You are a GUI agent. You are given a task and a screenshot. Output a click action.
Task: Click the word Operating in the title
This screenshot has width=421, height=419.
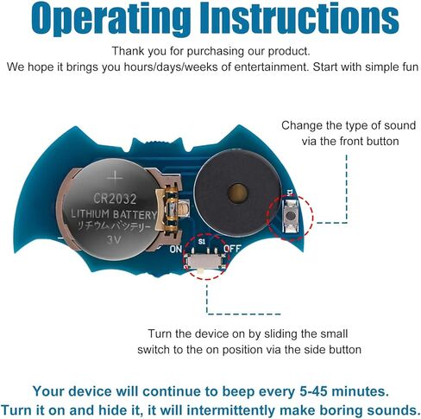pos(110,19)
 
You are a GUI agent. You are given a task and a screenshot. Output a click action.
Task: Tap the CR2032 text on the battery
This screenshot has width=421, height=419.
pos(115,199)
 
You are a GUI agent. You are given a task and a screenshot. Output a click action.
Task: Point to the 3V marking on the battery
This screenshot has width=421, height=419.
pos(115,239)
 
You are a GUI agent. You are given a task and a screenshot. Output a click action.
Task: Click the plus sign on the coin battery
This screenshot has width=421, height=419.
pos(115,177)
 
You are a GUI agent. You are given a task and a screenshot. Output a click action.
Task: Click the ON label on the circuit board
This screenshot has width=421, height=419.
pos(176,250)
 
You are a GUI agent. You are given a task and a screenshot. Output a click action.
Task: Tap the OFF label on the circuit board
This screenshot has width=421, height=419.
pos(232,248)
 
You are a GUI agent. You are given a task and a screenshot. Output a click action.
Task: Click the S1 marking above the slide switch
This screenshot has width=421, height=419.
pos(202,241)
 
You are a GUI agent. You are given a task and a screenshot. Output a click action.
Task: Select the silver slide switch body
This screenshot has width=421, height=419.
pos(205,262)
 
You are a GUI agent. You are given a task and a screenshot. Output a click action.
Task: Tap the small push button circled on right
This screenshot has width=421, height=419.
pos(291,215)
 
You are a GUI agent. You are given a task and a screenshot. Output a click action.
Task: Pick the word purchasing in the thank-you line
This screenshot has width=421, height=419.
pos(216,51)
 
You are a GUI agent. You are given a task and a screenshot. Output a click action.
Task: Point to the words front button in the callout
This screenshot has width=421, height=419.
pos(369,141)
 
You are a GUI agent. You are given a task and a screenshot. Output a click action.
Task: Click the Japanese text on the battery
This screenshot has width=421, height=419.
pos(114,226)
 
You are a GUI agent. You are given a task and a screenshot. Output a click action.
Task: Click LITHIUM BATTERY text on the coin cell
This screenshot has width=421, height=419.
pos(114,214)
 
